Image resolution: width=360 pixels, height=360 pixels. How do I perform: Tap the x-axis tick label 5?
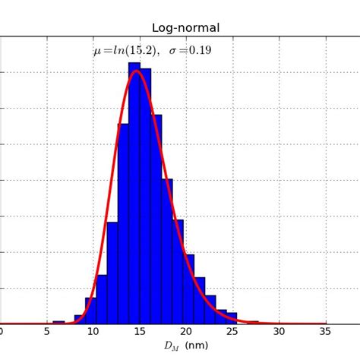click(x=47, y=331)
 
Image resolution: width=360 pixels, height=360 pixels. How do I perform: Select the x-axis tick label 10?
click(x=93, y=331)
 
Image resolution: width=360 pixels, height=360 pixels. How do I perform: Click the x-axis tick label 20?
click(x=186, y=331)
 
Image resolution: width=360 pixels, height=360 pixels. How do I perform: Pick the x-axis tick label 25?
click(x=232, y=331)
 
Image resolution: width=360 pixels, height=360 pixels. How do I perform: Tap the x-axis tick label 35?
click(x=326, y=331)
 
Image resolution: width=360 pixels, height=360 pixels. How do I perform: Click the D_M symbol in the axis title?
click(x=170, y=346)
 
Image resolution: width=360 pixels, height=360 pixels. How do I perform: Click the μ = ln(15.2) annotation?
click(x=125, y=51)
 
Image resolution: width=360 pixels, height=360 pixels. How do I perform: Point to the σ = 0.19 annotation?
click(x=190, y=51)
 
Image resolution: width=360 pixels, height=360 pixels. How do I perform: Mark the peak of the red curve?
click(x=136, y=71)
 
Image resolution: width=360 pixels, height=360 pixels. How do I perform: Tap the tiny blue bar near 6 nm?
click(x=58, y=322)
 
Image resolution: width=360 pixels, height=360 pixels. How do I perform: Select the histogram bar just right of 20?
click(x=189, y=289)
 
